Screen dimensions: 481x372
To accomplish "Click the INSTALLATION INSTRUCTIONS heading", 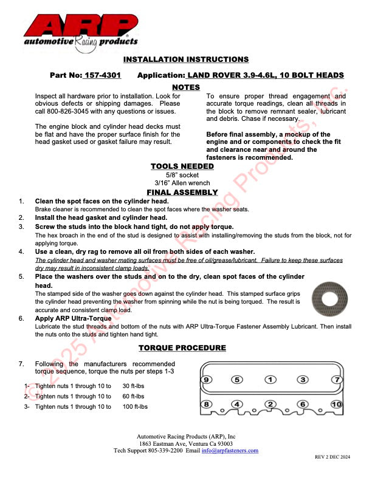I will pos(185,60).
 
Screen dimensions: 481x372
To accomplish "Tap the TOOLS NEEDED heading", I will pos(182,166).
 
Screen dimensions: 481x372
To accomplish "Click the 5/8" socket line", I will pos(182,176).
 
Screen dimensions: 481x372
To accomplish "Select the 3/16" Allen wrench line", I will pos(182,183).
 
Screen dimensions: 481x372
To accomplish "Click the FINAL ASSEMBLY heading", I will pos(182,193).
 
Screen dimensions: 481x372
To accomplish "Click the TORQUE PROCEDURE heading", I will pos(182,348).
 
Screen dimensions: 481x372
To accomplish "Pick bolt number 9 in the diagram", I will pos(207,380).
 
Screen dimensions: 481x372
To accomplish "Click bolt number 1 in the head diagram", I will pos(269,380).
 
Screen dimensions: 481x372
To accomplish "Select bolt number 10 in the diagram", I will pos(336,404).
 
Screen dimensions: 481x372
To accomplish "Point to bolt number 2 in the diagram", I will pos(270,404).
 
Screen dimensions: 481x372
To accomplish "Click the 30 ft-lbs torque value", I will pos(134,386).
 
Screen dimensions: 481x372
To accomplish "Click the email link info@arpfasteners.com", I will pos(230,451).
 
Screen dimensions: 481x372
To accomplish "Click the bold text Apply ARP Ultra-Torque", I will pos(73,318).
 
